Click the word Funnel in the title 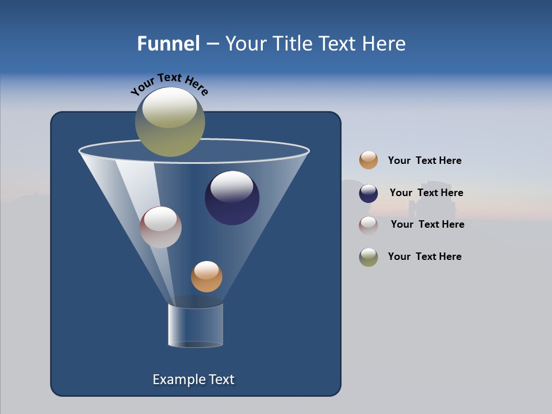tap(168, 44)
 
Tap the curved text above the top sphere tap(170, 83)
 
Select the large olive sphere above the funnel tap(170, 122)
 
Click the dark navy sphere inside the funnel tap(232, 198)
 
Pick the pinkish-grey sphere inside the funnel tap(160, 227)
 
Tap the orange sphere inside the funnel tap(206, 277)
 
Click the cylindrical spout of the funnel tap(195, 325)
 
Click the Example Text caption tap(193, 379)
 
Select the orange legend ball tap(369, 160)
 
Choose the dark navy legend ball tap(369, 193)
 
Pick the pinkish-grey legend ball tap(369, 225)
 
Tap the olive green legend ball tap(369, 257)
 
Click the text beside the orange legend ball tap(424, 160)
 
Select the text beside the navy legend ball tap(426, 193)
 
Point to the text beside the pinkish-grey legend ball tap(427, 224)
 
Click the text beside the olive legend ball tap(424, 256)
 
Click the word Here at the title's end tap(384, 44)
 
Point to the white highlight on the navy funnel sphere tap(232, 185)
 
